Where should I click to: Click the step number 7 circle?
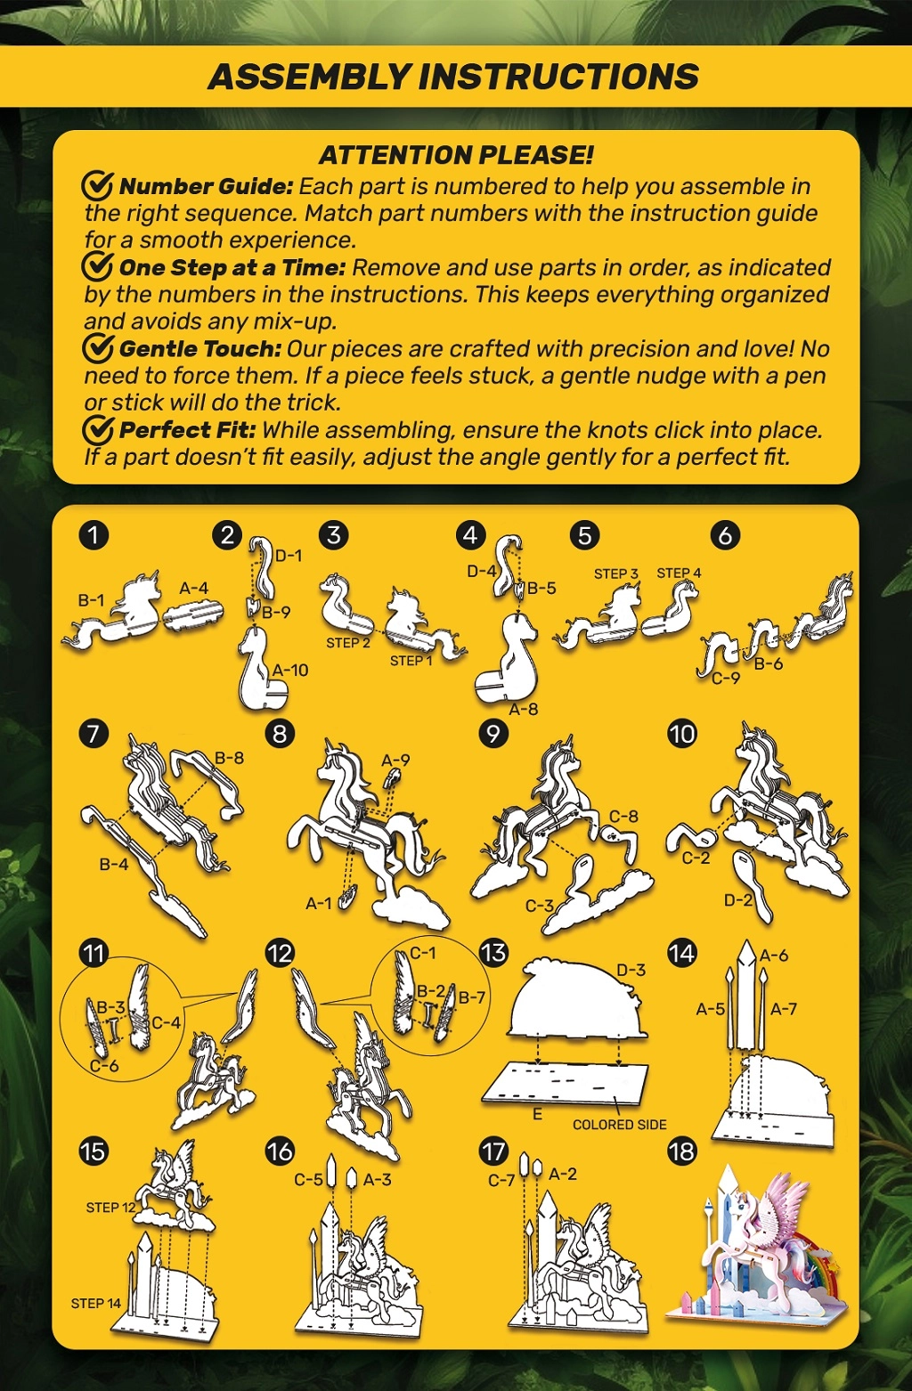94,734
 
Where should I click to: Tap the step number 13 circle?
494,953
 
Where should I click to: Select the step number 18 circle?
681,1152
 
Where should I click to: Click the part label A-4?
194,588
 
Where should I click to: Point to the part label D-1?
289,555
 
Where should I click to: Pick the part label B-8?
229,758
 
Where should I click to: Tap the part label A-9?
395,761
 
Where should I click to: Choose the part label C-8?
623,817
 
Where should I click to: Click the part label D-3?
631,970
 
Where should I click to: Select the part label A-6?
774,956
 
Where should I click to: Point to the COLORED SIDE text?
619,1125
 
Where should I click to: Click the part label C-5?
309,1179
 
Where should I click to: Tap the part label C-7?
502,1181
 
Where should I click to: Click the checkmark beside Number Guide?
98,185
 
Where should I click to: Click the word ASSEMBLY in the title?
309,77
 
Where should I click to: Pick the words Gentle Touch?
200,349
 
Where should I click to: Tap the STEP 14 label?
95,1304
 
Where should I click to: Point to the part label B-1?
92,600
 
